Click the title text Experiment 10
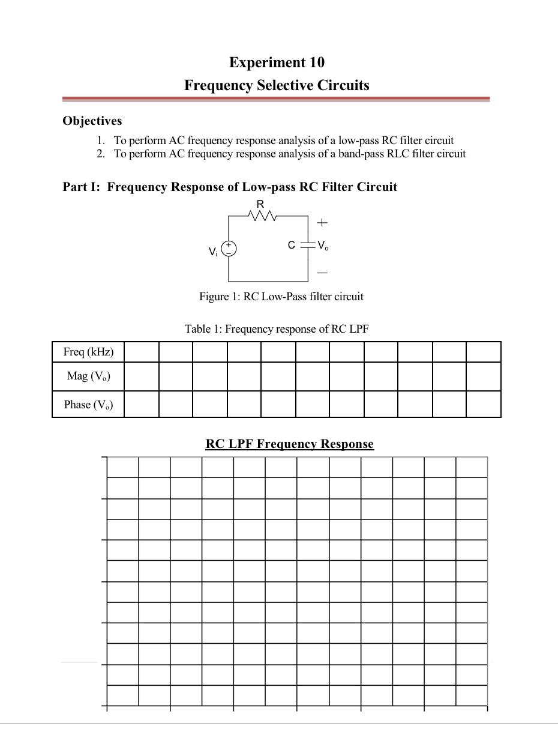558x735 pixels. [x=277, y=62]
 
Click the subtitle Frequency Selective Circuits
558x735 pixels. [x=277, y=85]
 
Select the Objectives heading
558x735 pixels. [x=92, y=121]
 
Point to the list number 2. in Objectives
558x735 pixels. [x=101, y=154]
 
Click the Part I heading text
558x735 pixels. [x=230, y=187]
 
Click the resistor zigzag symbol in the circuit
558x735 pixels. [x=261, y=216]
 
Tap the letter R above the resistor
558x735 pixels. [x=260, y=205]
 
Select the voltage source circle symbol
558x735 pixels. [x=229, y=249]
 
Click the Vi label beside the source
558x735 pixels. [x=213, y=252]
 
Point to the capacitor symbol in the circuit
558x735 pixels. [x=308, y=245]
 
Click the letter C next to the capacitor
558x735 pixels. [x=292, y=245]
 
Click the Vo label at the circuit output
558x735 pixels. [x=323, y=246]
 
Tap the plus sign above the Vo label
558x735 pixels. [x=322, y=223]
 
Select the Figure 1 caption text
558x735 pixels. [x=281, y=297]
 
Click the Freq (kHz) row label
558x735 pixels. [x=88, y=352]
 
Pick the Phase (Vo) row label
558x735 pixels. [x=88, y=405]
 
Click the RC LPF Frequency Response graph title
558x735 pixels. [x=289, y=444]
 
